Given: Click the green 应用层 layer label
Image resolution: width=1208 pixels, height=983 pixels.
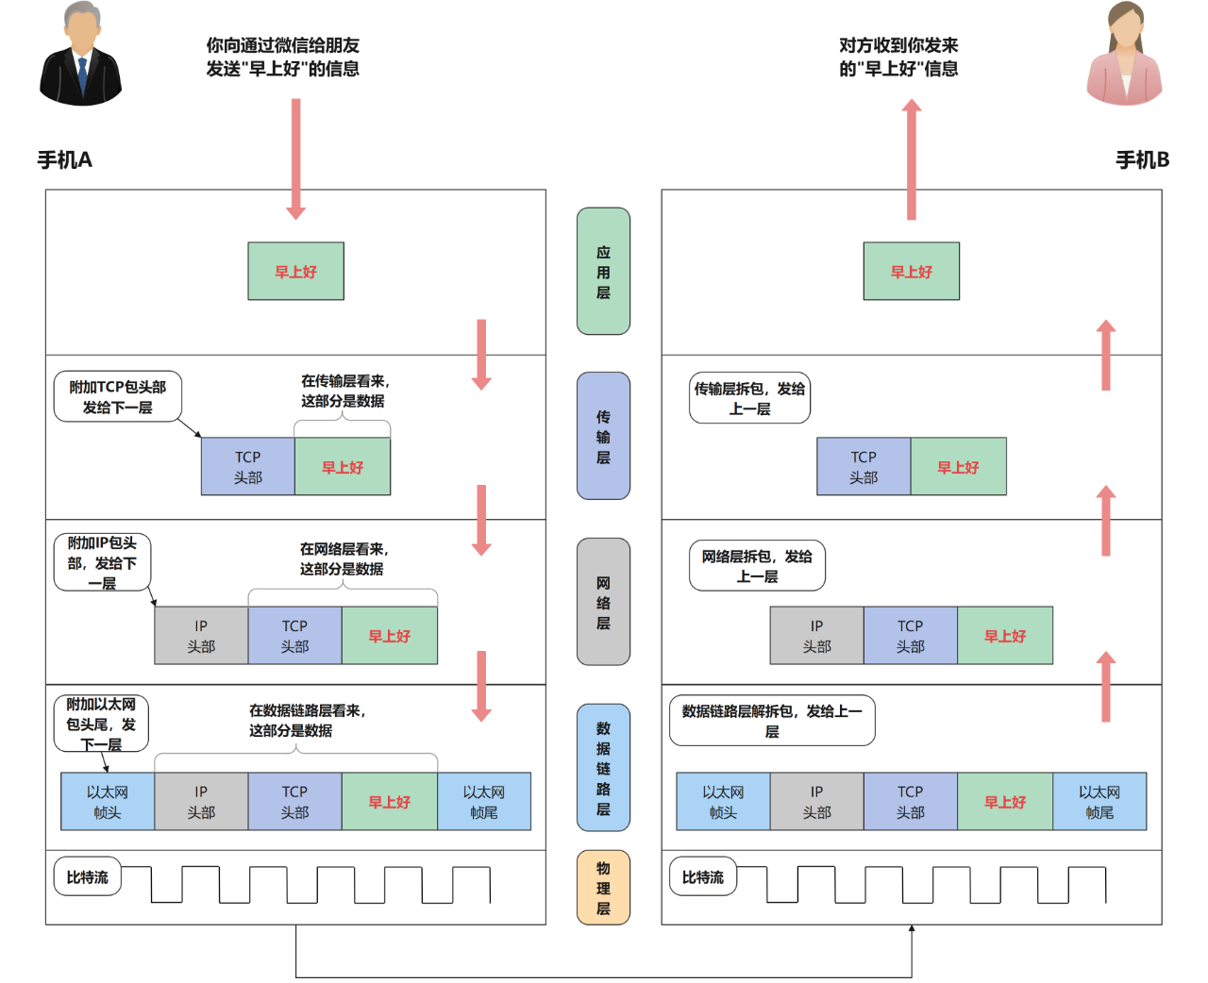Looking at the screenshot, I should click(603, 272).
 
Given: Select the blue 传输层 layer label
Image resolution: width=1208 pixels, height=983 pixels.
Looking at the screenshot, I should click(603, 436).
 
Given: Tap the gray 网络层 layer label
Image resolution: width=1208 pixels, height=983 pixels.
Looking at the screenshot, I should click(603, 602).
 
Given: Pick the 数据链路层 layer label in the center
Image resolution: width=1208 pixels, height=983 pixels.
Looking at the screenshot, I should click(603, 768).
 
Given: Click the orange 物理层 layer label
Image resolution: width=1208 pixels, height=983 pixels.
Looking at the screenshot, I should click(603, 888).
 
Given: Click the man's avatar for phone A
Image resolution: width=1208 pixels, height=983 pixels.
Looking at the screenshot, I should click(81, 55).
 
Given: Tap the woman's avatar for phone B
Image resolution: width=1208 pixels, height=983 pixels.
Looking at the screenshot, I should click(1124, 55).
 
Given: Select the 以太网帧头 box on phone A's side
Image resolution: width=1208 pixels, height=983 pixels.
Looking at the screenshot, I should click(108, 802).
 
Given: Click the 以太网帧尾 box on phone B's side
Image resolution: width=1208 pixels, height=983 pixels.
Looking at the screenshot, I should click(1099, 802).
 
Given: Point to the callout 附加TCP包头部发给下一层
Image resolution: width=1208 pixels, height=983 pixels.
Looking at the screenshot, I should click(117, 397).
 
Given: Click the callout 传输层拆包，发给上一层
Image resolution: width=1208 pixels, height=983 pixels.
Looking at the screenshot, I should click(749, 398).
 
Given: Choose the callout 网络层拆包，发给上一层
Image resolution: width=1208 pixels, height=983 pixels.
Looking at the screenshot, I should click(757, 566).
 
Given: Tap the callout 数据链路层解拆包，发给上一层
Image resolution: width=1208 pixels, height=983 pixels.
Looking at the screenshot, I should click(772, 721).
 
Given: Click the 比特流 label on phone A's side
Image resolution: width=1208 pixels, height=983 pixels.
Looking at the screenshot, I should click(87, 877).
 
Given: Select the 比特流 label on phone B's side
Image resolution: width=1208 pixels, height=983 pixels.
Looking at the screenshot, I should click(703, 877).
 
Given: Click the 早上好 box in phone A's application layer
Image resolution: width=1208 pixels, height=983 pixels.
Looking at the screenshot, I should click(295, 272).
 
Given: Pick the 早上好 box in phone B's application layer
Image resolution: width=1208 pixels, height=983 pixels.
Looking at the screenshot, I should click(912, 272).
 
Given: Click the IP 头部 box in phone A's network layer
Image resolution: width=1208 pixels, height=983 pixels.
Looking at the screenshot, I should click(201, 636).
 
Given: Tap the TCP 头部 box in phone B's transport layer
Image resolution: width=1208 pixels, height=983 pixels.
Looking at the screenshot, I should click(864, 467).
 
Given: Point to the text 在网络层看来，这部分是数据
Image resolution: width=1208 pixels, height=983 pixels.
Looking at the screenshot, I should click(343, 558).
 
